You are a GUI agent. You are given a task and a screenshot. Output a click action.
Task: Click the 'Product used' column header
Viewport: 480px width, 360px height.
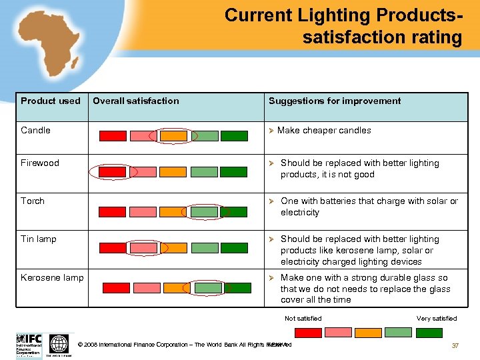(x=50, y=101)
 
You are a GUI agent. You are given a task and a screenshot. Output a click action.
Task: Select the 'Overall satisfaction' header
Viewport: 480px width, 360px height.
(x=135, y=101)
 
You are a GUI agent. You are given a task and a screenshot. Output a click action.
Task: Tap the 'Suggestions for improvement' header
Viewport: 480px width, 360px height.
(x=335, y=101)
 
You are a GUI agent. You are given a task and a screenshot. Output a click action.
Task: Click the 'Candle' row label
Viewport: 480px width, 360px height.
(x=35, y=131)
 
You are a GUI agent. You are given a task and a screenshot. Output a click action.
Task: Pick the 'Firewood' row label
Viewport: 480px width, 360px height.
(x=40, y=163)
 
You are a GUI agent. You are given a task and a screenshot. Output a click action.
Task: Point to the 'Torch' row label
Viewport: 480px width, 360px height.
(x=33, y=201)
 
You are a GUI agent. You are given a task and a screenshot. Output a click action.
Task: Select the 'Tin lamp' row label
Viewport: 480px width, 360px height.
(x=39, y=239)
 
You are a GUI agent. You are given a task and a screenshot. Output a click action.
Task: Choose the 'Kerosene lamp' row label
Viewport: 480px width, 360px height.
(x=52, y=277)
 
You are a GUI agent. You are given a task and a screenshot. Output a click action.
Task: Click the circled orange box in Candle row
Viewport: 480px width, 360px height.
(x=173, y=136)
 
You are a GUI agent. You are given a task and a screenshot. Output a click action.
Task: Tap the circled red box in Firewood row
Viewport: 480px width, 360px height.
(x=113, y=172)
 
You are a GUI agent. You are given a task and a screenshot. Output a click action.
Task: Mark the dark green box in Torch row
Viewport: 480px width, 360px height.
(x=234, y=212)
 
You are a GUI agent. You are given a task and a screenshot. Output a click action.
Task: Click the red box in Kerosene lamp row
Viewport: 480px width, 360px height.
(x=116, y=288)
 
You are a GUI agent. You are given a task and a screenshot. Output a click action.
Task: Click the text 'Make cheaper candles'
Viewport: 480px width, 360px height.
(x=324, y=131)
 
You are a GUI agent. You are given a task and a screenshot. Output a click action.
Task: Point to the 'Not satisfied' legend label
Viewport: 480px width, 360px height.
(x=303, y=319)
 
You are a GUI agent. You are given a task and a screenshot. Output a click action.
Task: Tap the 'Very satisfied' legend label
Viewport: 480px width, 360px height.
(x=437, y=319)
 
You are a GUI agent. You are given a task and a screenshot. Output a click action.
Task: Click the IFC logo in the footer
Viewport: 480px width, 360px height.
(x=29, y=344)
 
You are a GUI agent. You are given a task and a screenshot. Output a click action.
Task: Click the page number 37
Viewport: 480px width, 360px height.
(x=455, y=345)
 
